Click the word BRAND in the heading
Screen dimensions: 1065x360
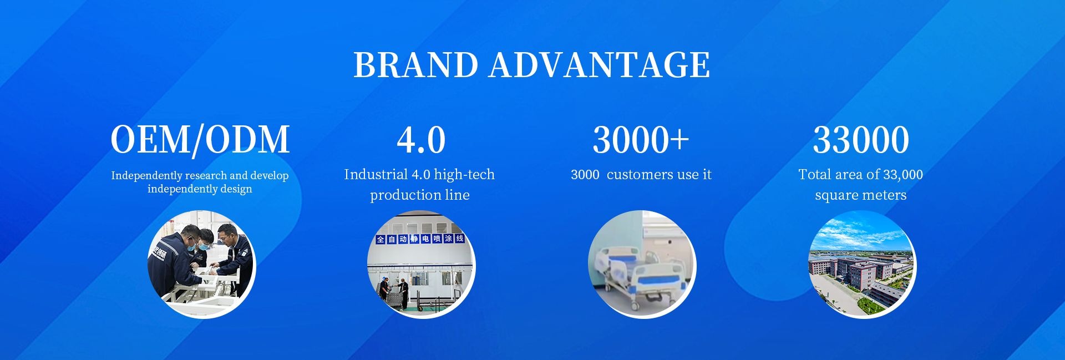pos(415,65)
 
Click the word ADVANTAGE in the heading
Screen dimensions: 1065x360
pos(599,65)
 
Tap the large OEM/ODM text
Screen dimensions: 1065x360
pos(200,139)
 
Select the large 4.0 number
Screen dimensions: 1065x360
pos(421,140)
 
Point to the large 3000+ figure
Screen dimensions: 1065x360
pos(641,140)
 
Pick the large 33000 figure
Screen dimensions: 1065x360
pos(861,140)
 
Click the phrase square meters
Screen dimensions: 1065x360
pos(861,195)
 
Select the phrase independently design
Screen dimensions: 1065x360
pos(200,189)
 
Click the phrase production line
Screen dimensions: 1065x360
pos(420,195)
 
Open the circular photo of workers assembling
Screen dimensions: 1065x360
pos(201,264)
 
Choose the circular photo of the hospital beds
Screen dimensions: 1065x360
pos(642,264)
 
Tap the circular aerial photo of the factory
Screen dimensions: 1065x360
pos(861,264)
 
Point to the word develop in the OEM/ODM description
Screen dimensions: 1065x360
pos(269,176)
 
